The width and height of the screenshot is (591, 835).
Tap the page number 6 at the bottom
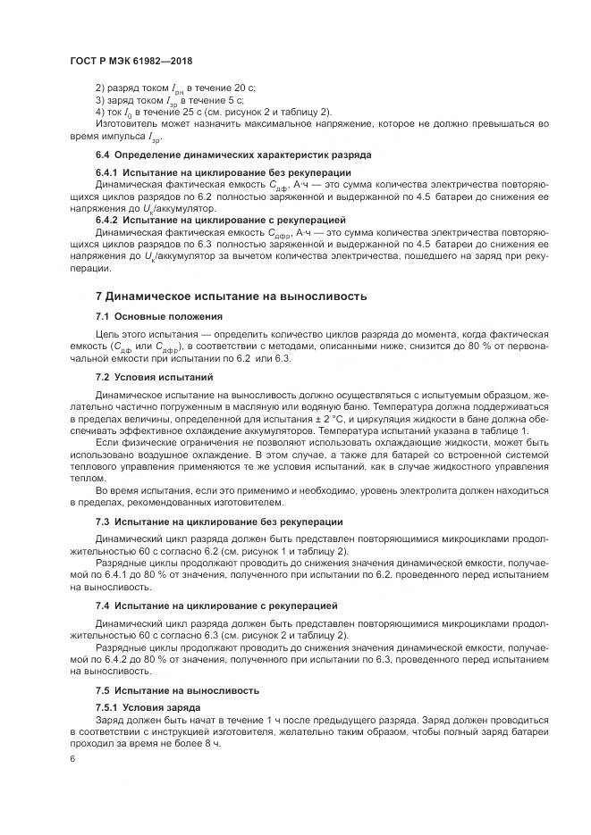pos(72,758)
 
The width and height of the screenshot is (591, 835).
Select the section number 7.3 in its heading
pos(103,522)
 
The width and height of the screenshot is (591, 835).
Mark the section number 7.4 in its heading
pos(103,605)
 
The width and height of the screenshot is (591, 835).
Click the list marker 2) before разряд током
pos(99,88)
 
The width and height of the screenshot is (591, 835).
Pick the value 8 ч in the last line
pos(212,743)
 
